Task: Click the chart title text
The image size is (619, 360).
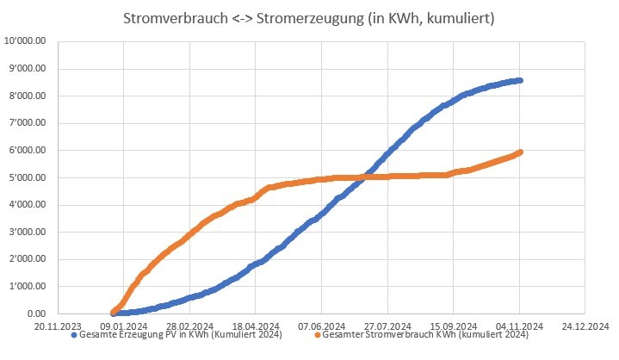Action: [x=314, y=18]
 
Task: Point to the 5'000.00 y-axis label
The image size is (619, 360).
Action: [x=31, y=178]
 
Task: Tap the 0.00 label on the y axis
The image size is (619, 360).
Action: [x=41, y=314]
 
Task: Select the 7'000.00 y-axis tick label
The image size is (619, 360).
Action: [x=31, y=123]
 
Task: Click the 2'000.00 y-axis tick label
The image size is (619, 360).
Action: [x=31, y=260]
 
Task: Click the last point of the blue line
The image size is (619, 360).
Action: [x=519, y=80]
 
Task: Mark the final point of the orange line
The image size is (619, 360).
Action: [x=519, y=152]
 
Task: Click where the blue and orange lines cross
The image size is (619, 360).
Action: [x=365, y=177]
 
